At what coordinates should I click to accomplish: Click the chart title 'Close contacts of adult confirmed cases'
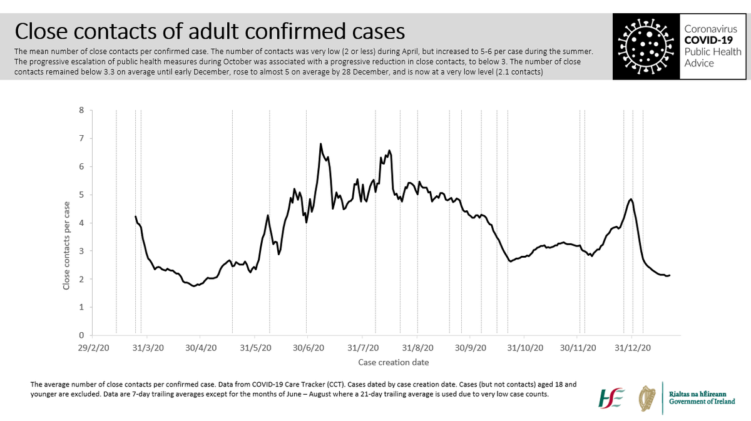click(x=209, y=31)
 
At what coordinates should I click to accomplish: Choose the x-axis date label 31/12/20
click(x=631, y=348)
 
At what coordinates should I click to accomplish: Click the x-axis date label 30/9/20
click(x=471, y=348)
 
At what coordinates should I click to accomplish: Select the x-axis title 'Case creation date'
click(x=393, y=362)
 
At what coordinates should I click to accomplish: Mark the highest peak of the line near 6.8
click(x=320, y=144)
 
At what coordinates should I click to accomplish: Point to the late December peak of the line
click(x=630, y=199)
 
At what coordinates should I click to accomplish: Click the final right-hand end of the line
click(x=670, y=275)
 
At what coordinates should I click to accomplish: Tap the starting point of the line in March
click(x=135, y=216)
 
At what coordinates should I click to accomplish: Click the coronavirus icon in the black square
click(x=644, y=48)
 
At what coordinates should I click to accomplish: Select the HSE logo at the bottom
click(x=611, y=398)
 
